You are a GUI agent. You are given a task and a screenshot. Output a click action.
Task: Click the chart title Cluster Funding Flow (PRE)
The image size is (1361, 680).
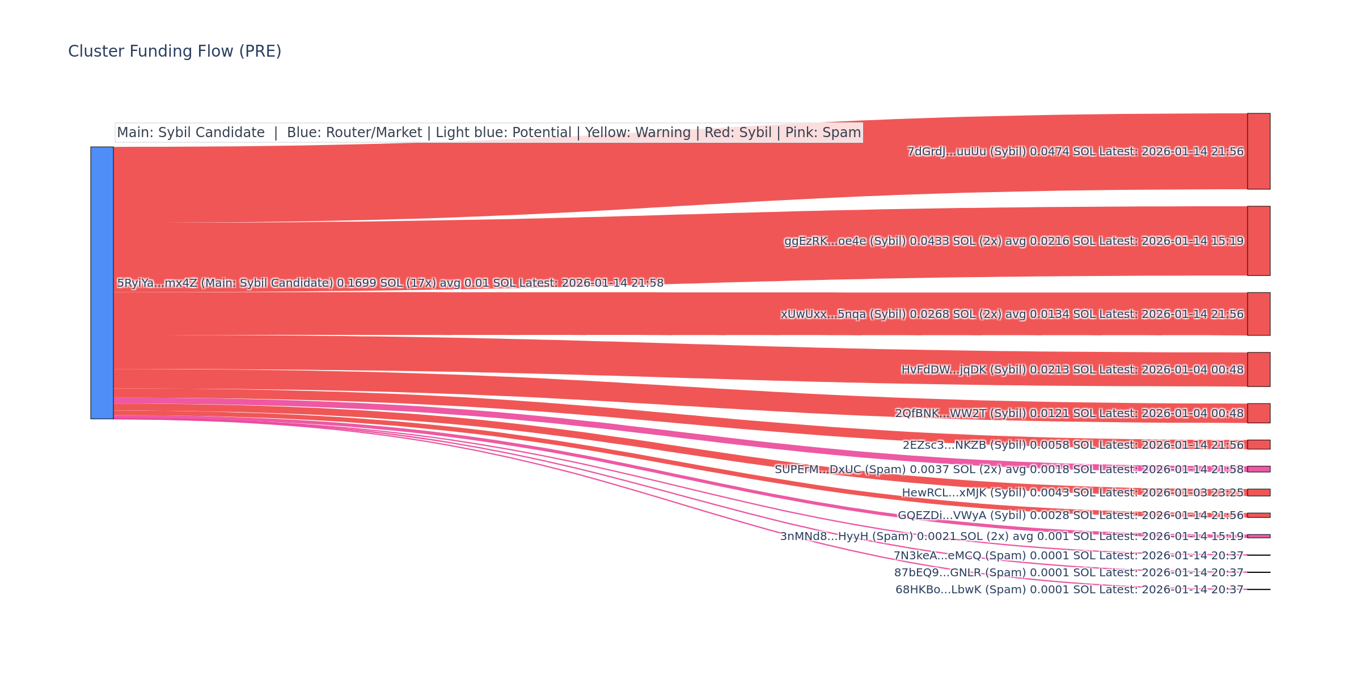pyautogui.click(x=175, y=52)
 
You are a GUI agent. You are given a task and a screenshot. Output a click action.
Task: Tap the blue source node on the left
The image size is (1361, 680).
pyautogui.click(x=102, y=283)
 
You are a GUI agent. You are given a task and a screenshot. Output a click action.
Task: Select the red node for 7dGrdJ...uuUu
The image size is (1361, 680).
pyautogui.click(x=1258, y=151)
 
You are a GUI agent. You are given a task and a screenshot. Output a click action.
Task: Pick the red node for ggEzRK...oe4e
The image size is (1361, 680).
pyautogui.click(x=1258, y=241)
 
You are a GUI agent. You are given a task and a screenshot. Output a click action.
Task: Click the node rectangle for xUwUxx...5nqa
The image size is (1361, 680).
pyautogui.click(x=1258, y=314)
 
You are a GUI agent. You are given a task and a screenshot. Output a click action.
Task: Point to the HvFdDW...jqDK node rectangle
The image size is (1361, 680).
pyautogui.click(x=1258, y=369)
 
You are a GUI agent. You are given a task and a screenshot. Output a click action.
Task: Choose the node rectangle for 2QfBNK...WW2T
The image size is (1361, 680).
pyautogui.click(x=1258, y=413)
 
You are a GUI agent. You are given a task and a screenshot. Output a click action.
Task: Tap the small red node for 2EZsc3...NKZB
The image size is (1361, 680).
pyautogui.click(x=1258, y=445)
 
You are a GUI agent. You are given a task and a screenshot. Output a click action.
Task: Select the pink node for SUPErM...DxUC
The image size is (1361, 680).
pyautogui.click(x=1258, y=469)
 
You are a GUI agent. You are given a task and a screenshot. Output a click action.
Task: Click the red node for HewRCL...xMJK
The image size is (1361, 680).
pyautogui.click(x=1258, y=492)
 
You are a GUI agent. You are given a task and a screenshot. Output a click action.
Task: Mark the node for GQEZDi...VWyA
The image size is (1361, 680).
pyautogui.click(x=1258, y=515)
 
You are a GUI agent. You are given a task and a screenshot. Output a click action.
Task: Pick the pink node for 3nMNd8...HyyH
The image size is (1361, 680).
pyautogui.click(x=1258, y=536)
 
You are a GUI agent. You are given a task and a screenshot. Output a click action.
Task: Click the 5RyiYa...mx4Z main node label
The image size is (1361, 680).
pyautogui.click(x=390, y=283)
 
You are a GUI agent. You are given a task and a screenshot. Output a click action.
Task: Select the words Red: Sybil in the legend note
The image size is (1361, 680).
pyautogui.click(x=738, y=133)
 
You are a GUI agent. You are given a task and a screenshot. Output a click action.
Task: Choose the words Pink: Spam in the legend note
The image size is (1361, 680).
pyautogui.click(x=823, y=133)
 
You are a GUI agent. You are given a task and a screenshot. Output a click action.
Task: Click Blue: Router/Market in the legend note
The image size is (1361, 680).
pyautogui.click(x=354, y=133)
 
